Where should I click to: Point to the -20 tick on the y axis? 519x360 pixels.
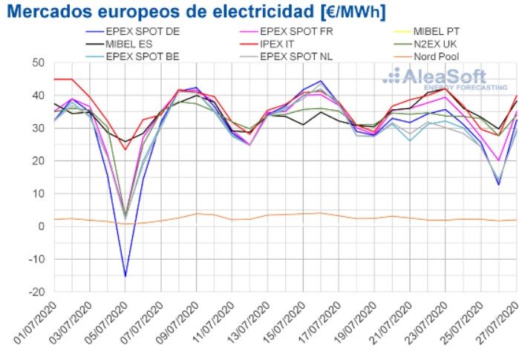tap(37, 292)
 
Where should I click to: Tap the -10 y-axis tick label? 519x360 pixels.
tap(37, 259)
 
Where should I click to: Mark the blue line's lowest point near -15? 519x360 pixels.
tap(125, 276)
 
